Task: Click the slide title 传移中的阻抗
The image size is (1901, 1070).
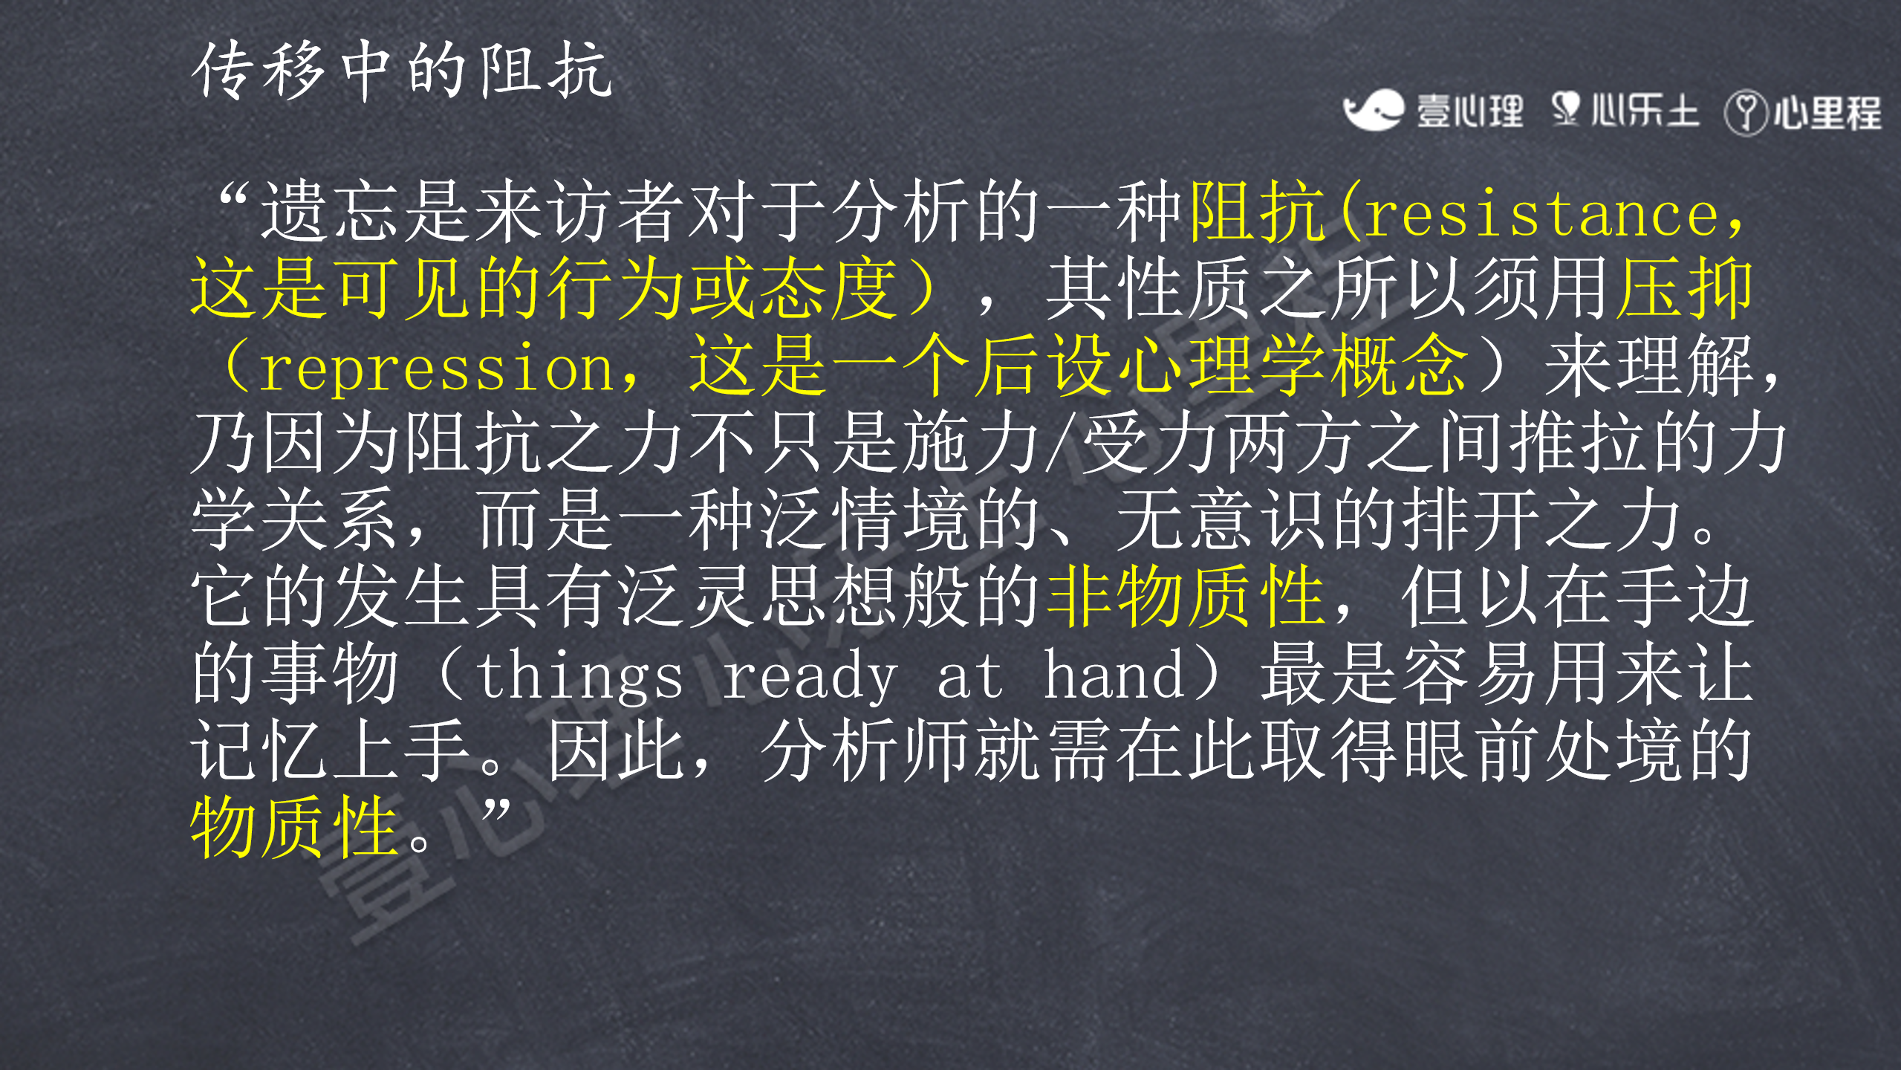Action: pyautogui.click(x=402, y=71)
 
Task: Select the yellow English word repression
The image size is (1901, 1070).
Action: pyautogui.click(x=436, y=369)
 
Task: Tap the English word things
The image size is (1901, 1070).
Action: pyautogui.click(x=580, y=675)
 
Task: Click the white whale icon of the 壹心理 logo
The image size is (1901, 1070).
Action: pyautogui.click(x=1373, y=110)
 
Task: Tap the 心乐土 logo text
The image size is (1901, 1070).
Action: pyautogui.click(x=1645, y=111)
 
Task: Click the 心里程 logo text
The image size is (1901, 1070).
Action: pyautogui.click(x=1827, y=114)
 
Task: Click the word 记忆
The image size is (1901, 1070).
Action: pyautogui.click(x=259, y=750)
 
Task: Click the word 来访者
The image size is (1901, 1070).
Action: pyautogui.click(x=579, y=213)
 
